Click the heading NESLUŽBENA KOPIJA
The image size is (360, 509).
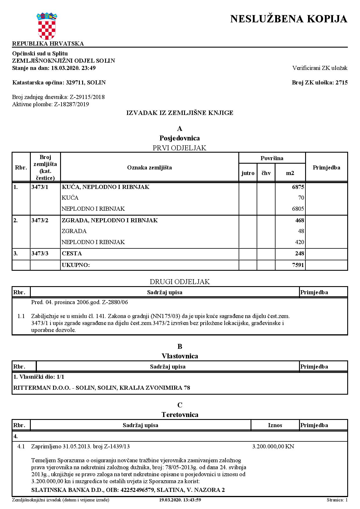tap(289, 19)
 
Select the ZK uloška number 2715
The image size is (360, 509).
tap(341, 83)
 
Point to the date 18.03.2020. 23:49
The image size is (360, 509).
tap(73, 68)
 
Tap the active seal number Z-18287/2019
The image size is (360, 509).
tap(71, 104)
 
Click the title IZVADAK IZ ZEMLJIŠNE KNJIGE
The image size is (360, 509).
tap(180, 113)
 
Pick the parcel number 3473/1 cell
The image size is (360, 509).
tap(40, 187)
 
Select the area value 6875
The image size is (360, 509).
tap(298, 187)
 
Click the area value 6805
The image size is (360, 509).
tap(298, 209)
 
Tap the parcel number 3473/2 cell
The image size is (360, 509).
tap(40, 221)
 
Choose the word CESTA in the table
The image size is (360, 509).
tap(72, 254)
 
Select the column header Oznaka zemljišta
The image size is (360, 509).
tap(149, 167)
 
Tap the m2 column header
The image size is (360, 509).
tap(290, 173)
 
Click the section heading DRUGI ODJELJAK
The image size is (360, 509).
tap(180, 282)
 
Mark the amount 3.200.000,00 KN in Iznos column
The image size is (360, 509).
tap(273, 447)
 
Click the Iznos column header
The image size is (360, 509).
tap(275, 425)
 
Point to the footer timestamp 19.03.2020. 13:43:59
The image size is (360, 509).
tap(180, 500)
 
